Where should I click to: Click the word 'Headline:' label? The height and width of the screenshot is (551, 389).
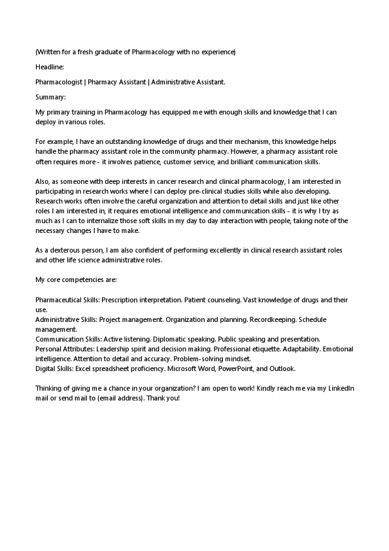pyautogui.click(x=50, y=67)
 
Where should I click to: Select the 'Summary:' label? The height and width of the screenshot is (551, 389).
pyautogui.click(x=50, y=97)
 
